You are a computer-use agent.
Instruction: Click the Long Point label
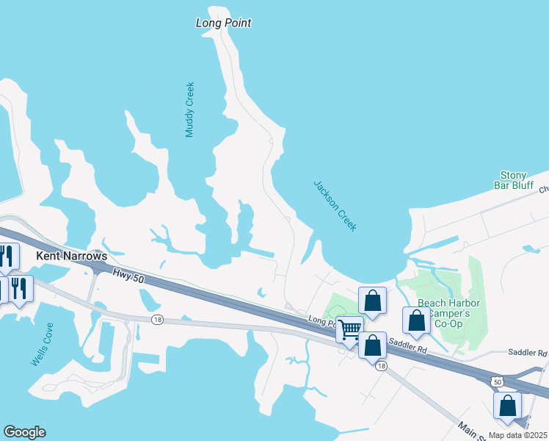point(223,23)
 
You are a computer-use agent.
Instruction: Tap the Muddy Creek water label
point(190,110)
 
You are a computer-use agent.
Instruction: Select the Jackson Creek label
point(335,206)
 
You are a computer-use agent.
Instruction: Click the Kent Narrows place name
point(71,257)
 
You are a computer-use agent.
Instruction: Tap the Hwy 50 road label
point(129,273)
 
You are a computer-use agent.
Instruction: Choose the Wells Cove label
point(42,345)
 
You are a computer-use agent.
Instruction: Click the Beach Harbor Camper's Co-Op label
point(448,314)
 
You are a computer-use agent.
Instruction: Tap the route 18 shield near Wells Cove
point(157,320)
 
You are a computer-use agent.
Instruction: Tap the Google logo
point(24,432)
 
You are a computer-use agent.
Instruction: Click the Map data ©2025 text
point(517,435)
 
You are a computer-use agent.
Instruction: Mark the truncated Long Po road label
point(321,321)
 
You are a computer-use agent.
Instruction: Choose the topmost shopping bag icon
point(372,300)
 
